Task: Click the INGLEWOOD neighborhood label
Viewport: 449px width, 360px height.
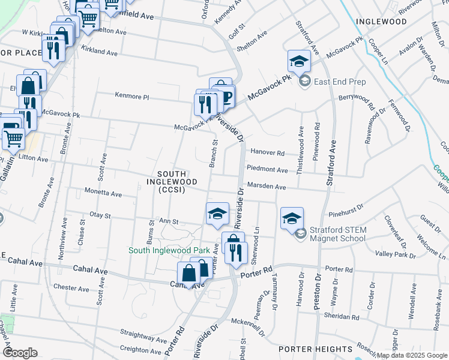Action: tap(381, 21)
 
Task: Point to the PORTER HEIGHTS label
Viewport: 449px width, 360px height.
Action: tap(315, 349)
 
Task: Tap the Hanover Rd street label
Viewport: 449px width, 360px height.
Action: tap(268, 152)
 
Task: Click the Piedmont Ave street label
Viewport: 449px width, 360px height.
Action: tap(268, 170)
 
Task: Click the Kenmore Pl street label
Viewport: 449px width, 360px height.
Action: tap(131, 95)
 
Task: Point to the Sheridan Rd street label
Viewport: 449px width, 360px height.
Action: tap(342, 316)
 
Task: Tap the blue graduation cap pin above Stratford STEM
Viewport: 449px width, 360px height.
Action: tap(292, 218)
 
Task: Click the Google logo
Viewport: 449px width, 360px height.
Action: tap(21, 353)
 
